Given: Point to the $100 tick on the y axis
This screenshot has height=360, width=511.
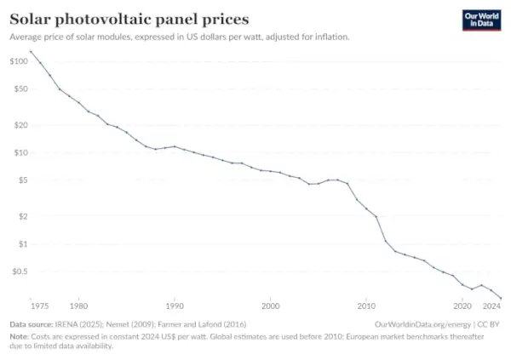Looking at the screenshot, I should (x=19, y=61).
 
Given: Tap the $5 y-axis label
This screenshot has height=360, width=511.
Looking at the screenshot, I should (x=22, y=180).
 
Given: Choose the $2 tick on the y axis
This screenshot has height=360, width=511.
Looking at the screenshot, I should (x=22, y=216).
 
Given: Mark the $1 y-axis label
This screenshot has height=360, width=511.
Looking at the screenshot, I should (x=22, y=244).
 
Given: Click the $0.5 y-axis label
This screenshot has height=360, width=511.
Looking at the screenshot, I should (x=19, y=271).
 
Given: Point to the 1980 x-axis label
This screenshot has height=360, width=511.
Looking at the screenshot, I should (x=78, y=306).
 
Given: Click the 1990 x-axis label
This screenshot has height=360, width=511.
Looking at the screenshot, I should (x=175, y=306).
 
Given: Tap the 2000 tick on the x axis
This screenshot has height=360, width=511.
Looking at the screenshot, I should (x=271, y=306).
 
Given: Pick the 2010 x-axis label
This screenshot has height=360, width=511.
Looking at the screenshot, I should (x=366, y=306).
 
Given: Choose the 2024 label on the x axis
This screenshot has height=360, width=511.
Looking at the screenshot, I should (x=491, y=306).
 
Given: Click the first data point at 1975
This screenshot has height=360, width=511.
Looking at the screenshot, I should (x=31, y=52).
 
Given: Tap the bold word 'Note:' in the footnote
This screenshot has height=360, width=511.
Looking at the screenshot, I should (x=20, y=336).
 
